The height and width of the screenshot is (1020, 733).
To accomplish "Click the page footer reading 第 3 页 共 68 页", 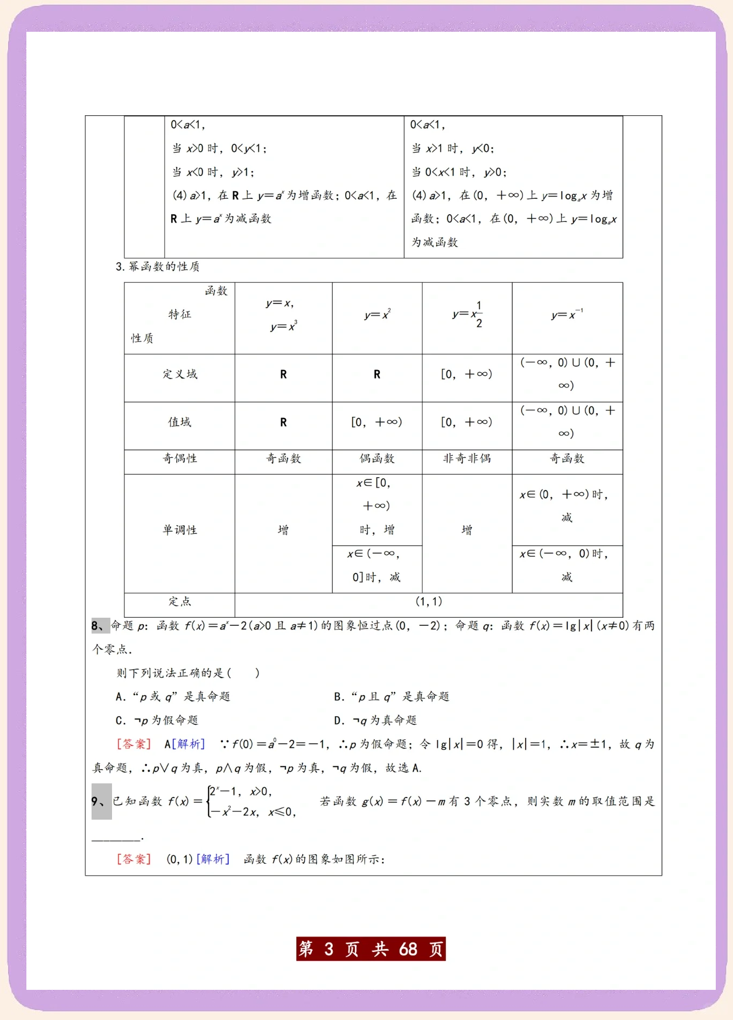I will coord(371,949).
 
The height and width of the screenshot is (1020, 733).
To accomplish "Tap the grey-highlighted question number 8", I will coord(100,626).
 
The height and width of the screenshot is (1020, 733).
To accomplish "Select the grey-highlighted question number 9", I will coord(101,801).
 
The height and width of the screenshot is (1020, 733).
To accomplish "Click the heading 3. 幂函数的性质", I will coord(157,267).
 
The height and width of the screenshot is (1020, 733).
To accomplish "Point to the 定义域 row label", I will coord(180,374).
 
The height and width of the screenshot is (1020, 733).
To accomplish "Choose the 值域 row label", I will coord(180,422).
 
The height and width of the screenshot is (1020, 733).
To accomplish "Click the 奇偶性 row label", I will coord(180,459).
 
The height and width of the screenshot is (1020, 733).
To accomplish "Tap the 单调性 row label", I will coord(180,530).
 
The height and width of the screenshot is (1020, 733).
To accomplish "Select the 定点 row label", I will coord(180,602).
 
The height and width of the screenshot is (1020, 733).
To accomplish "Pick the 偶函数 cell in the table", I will coord(377,459).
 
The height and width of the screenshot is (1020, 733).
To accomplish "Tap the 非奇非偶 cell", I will coord(467,459).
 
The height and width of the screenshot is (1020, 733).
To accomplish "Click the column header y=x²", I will coord(377,315).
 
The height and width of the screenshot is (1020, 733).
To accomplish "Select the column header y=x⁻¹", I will coord(567,315).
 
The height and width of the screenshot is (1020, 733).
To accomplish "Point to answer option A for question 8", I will coord(173,697).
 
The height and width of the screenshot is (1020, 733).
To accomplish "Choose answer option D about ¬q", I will coord(375,721).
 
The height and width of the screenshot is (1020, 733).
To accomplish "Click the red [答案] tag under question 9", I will coord(134,860).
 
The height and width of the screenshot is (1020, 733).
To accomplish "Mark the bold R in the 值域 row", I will coord(283,423).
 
